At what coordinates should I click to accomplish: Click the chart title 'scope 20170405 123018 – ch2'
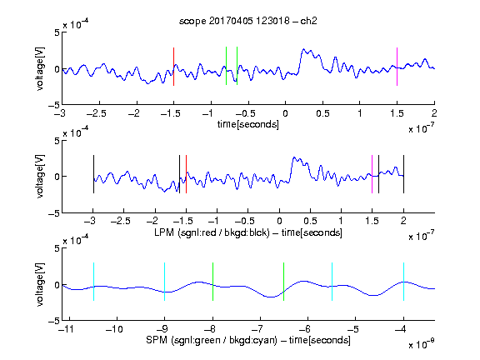[x=248, y=21]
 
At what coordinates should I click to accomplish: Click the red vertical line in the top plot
[x=173, y=67]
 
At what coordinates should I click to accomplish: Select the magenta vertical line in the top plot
[x=397, y=67]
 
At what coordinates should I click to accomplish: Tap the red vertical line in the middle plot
[x=186, y=174]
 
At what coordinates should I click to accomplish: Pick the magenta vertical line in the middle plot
[x=372, y=174]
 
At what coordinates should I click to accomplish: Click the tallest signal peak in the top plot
[x=303, y=49]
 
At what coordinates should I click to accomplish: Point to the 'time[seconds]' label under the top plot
[x=248, y=124]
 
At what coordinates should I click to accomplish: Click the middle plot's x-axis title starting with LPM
[x=248, y=232]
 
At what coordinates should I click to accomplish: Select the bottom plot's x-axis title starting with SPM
[x=248, y=340]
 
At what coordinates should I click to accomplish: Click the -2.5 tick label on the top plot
[x=97, y=113]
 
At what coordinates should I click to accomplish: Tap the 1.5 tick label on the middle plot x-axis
[x=372, y=221]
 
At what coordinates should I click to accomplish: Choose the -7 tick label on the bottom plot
[x=257, y=329]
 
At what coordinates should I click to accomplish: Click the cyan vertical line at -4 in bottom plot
[x=403, y=282]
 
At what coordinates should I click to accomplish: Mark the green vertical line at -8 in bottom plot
[x=212, y=282]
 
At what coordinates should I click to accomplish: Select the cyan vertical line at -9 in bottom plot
[x=164, y=282]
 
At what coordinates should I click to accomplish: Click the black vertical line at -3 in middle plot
[x=93, y=174]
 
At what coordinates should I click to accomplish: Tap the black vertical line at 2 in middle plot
[x=403, y=174]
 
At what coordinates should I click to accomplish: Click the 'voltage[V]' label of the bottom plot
[x=40, y=284]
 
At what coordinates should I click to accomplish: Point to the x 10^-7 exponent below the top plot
[x=422, y=128]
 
